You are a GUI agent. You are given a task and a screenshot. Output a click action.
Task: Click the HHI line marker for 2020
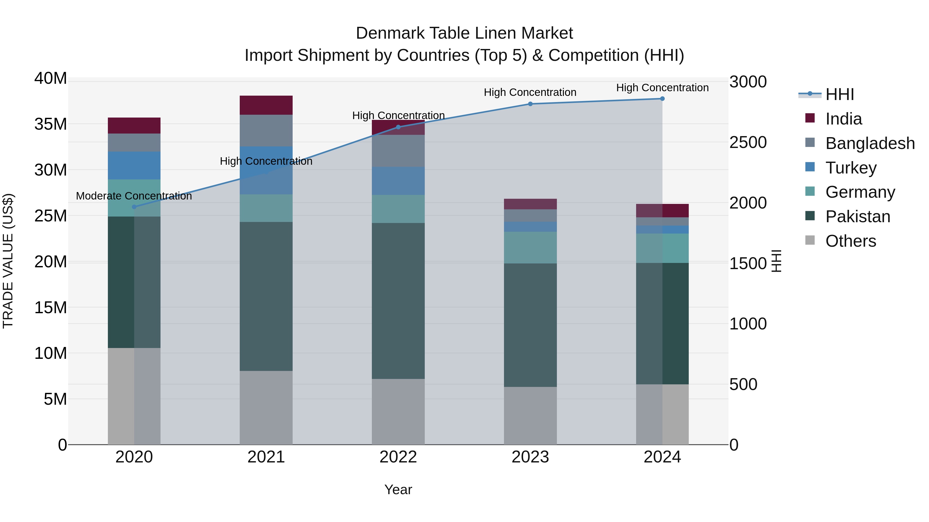[x=134, y=207]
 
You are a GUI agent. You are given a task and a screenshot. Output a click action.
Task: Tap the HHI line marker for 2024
[x=662, y=99]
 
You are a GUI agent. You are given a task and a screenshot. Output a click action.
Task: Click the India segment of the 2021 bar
[x=266, y=105]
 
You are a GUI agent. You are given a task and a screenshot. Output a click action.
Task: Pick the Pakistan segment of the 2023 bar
[x=530, y=325]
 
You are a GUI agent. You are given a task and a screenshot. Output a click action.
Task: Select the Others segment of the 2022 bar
[x=398, y=411]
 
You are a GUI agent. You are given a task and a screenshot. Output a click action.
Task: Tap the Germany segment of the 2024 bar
[x=662, y=248]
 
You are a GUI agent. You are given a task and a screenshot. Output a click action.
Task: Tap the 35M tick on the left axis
[x=51, y=124]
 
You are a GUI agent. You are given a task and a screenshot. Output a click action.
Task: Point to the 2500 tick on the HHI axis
[x=748, y=142]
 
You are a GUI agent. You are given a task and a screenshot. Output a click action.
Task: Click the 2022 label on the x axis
[x=398, y=457]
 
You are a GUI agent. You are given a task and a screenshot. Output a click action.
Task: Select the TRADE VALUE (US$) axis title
[x=8, y=261]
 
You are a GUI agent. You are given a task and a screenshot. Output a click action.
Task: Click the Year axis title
[x=398, y=490]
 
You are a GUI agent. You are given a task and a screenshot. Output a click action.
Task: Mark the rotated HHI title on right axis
[x=776, y=261]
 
